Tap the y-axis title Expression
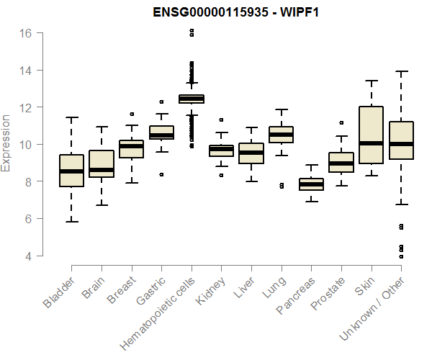(6, 143)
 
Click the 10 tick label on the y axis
(26, 145)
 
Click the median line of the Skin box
(372, 143)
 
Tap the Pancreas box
(311, 184)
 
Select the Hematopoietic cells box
(192, 99)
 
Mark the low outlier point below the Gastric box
(161, 174)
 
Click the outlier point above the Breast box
(131, 114)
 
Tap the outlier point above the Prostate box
(341, 123)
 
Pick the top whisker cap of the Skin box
(372, 81)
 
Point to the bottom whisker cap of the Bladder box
(71, 221)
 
